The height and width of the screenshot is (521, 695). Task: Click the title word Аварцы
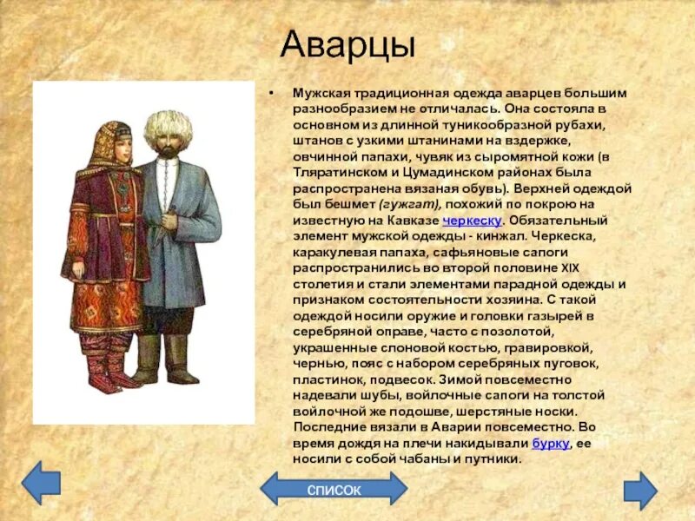pyautogui.click(x=348, y=45)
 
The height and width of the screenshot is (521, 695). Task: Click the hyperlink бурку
pyautogui.click(x=550, y=443)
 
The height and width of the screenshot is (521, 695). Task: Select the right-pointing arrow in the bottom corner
pyautogui.click(x=640, y=488)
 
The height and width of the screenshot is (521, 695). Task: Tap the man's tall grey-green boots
pyautogui.click(x=166, y=357)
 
